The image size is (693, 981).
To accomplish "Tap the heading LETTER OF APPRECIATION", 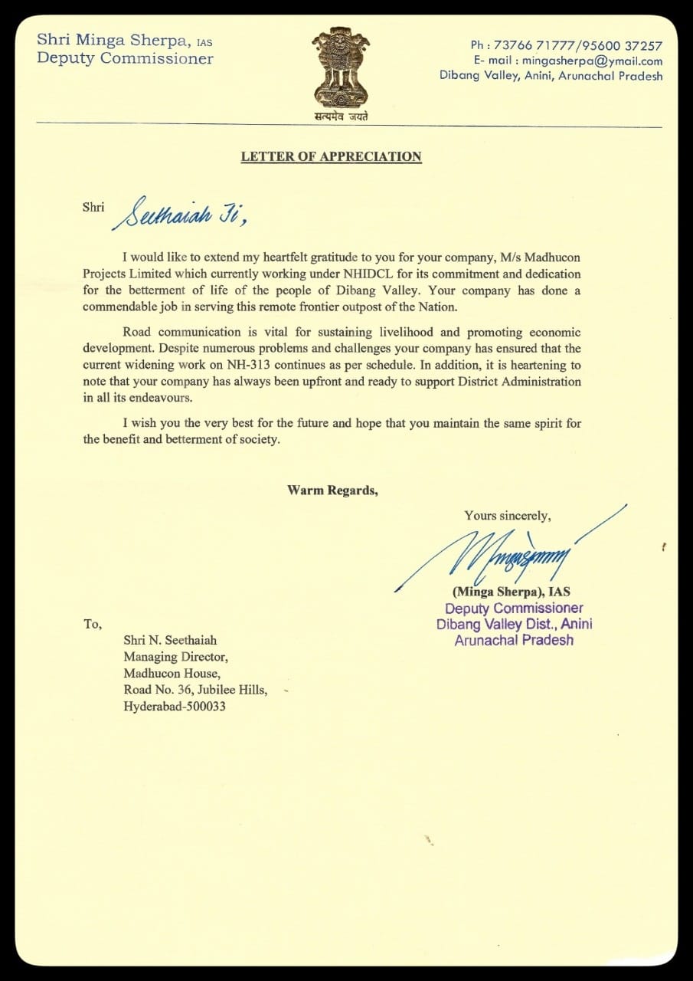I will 331,156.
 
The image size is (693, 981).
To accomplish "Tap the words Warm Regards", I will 332,490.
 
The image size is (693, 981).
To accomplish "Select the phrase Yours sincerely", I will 507,516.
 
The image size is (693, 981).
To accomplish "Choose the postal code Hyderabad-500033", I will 175,707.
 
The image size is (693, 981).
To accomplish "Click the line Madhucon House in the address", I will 172,673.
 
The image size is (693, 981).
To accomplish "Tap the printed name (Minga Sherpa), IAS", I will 511,592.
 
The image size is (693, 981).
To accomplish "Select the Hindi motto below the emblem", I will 341,117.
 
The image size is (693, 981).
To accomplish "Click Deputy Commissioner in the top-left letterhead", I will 125,59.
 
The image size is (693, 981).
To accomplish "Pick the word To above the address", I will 92,624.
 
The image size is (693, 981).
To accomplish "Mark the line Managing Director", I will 175,656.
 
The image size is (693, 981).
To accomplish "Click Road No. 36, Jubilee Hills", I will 195,690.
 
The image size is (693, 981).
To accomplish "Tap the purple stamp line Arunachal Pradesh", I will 514,640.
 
